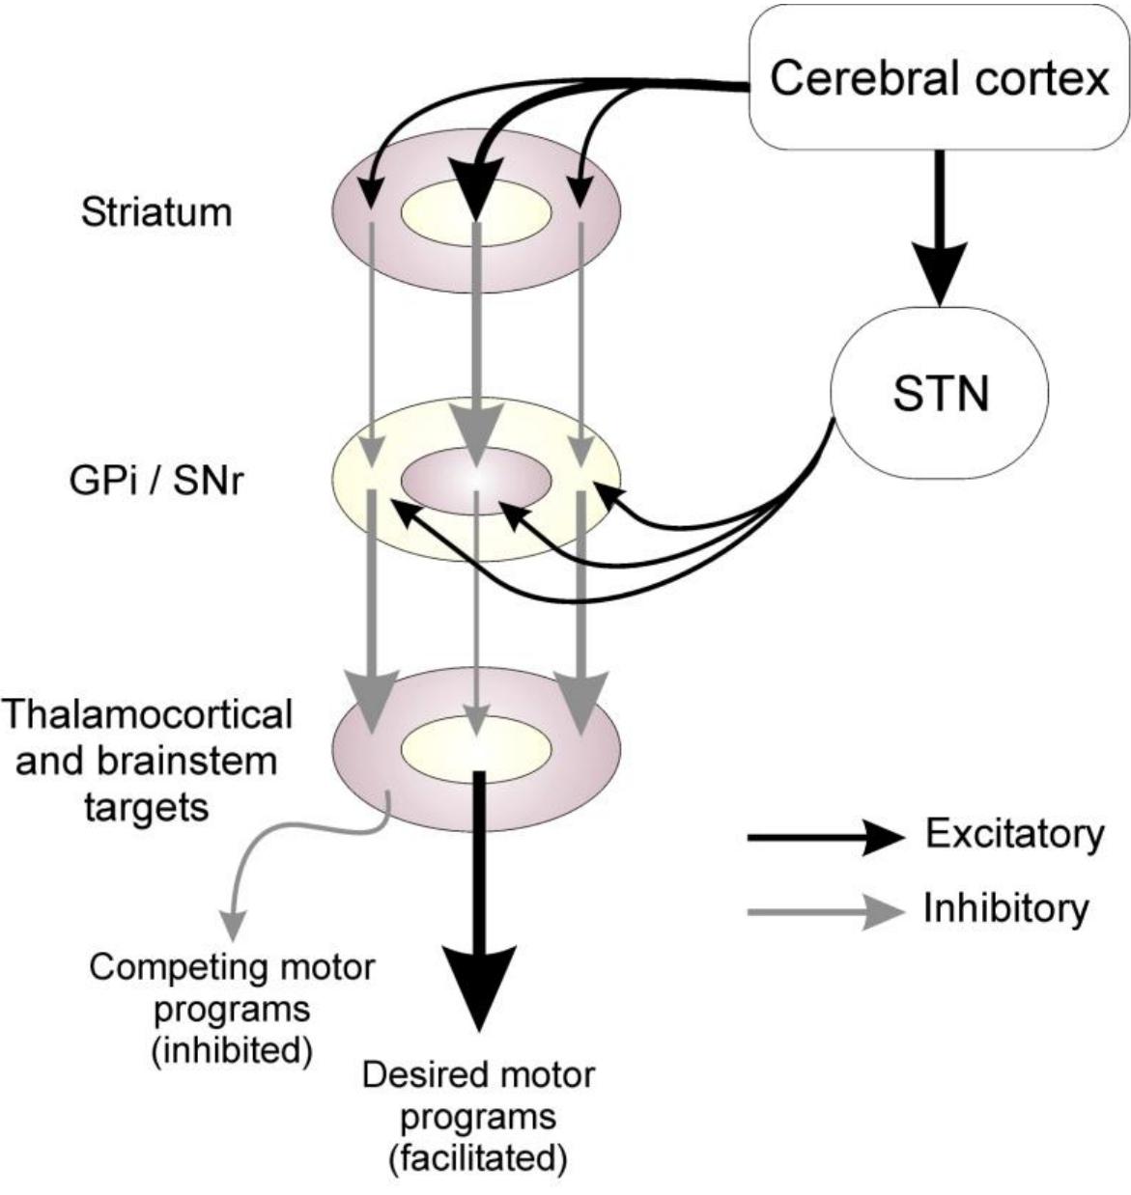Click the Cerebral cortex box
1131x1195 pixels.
(939, 77)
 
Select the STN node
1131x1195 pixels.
(939, 393)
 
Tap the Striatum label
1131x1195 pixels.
(156, 211)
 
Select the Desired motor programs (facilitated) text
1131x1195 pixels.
(478, 1116)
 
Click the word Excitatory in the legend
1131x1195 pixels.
(1013, 834)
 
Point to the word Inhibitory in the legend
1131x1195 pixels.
(1005, 908)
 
